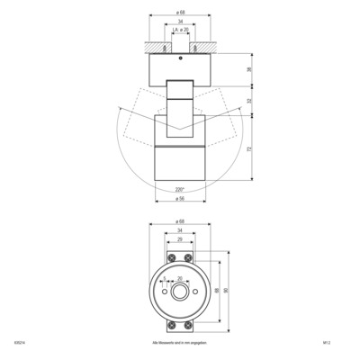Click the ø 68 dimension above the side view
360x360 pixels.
181,13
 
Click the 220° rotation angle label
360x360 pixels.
180,189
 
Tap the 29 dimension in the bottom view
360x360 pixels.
180,240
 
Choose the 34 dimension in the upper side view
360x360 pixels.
181,22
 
